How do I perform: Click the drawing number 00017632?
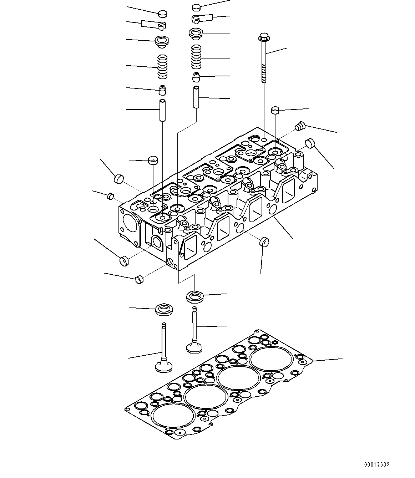(376, 464)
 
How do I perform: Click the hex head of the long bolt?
(263, 37)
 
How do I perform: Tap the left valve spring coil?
(163, 67)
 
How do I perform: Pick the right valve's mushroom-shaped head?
(194, 347)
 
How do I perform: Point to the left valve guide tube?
(162, 110)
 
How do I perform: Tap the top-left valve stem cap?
(162, 14)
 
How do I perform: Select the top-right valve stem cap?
(197, 7)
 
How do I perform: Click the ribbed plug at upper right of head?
(300, 126)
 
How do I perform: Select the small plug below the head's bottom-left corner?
(139, 279)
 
